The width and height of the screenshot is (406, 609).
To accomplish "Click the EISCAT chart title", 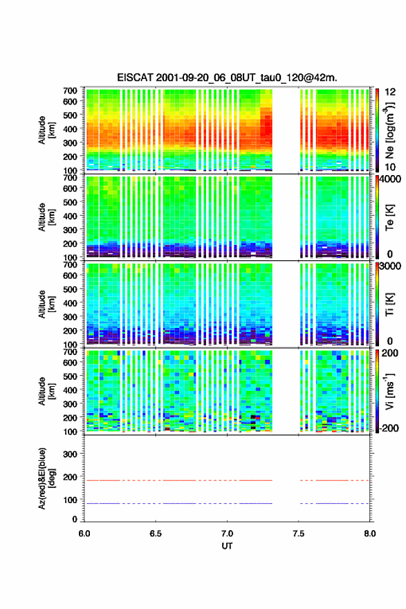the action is click(x=227, y=78).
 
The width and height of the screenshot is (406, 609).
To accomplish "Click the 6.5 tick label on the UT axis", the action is click(x=156, y=534).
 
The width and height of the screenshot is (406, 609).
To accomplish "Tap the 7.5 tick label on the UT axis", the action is click(x=299, y=534).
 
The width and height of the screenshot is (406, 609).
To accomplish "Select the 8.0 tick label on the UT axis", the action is click(x=370, y=534).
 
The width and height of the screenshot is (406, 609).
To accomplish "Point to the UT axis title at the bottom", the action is click(x=227, y=546).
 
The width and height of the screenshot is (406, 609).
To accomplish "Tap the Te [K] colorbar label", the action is click(x=389, y=218).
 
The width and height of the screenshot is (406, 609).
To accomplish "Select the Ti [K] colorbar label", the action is click(x=389, y=304).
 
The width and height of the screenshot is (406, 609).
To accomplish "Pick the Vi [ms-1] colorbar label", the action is click(x=389, y=391).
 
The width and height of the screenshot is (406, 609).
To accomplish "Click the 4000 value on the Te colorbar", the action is click(x=390, y=179).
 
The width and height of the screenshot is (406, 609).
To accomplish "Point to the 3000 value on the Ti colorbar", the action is click(x=390, y=266).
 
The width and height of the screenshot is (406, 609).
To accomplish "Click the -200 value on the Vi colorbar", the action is click(x=389, y=428).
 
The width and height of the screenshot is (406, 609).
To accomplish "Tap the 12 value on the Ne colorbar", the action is click(x=390, y=92).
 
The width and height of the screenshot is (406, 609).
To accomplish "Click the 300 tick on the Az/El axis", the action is click(x=70, y=454).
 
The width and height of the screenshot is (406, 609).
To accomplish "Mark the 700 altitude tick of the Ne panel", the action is click(x=70, y=91).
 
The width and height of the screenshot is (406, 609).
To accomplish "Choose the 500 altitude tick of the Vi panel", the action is click(x=70, y=376).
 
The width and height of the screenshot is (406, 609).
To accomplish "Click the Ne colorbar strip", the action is click(x=377, y=129).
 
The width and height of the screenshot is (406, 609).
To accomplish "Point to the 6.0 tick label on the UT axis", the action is click(x=84, y=534).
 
